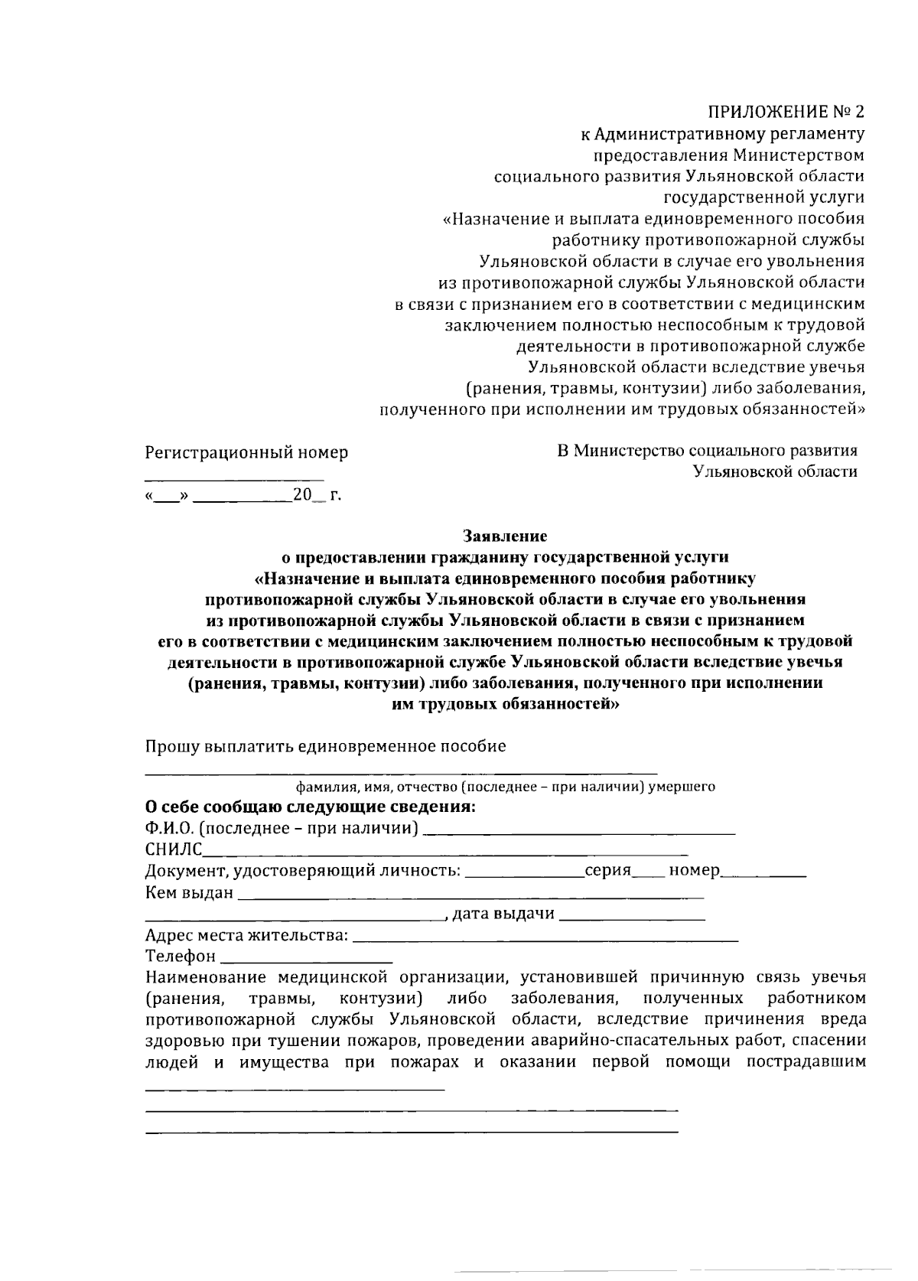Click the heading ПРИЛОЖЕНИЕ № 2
[x=786, y=112]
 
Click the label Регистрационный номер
[x=246, y=452]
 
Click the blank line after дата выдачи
[x=632, y=916]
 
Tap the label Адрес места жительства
[x=246, y=935]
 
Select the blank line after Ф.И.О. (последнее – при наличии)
[x=579, y=831]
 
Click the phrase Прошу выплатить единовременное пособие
[x=325, y=746]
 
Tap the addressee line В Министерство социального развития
[x=707, y=451]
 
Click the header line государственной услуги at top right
[x=763, y=197]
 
